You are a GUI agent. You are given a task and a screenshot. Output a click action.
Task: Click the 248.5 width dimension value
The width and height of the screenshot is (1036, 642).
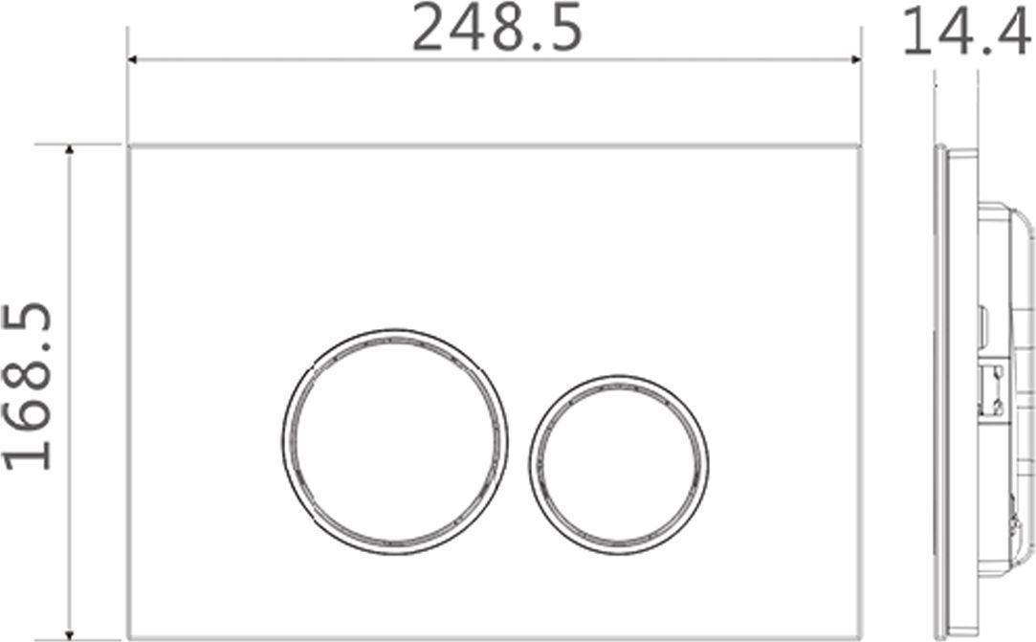496,28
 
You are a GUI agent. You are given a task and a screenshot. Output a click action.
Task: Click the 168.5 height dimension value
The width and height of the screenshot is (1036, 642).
27,387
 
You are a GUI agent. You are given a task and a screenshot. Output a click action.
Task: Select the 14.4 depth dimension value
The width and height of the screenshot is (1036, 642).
967,32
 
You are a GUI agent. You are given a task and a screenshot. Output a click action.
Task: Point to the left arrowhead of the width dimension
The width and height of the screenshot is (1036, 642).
131,59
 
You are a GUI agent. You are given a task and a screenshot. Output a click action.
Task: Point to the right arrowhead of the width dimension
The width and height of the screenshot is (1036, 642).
857,59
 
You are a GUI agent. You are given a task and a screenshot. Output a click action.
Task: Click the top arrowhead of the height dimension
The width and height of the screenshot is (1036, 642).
69,148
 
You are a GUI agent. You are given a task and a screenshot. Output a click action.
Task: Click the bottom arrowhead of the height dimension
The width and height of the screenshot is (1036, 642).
69,635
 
